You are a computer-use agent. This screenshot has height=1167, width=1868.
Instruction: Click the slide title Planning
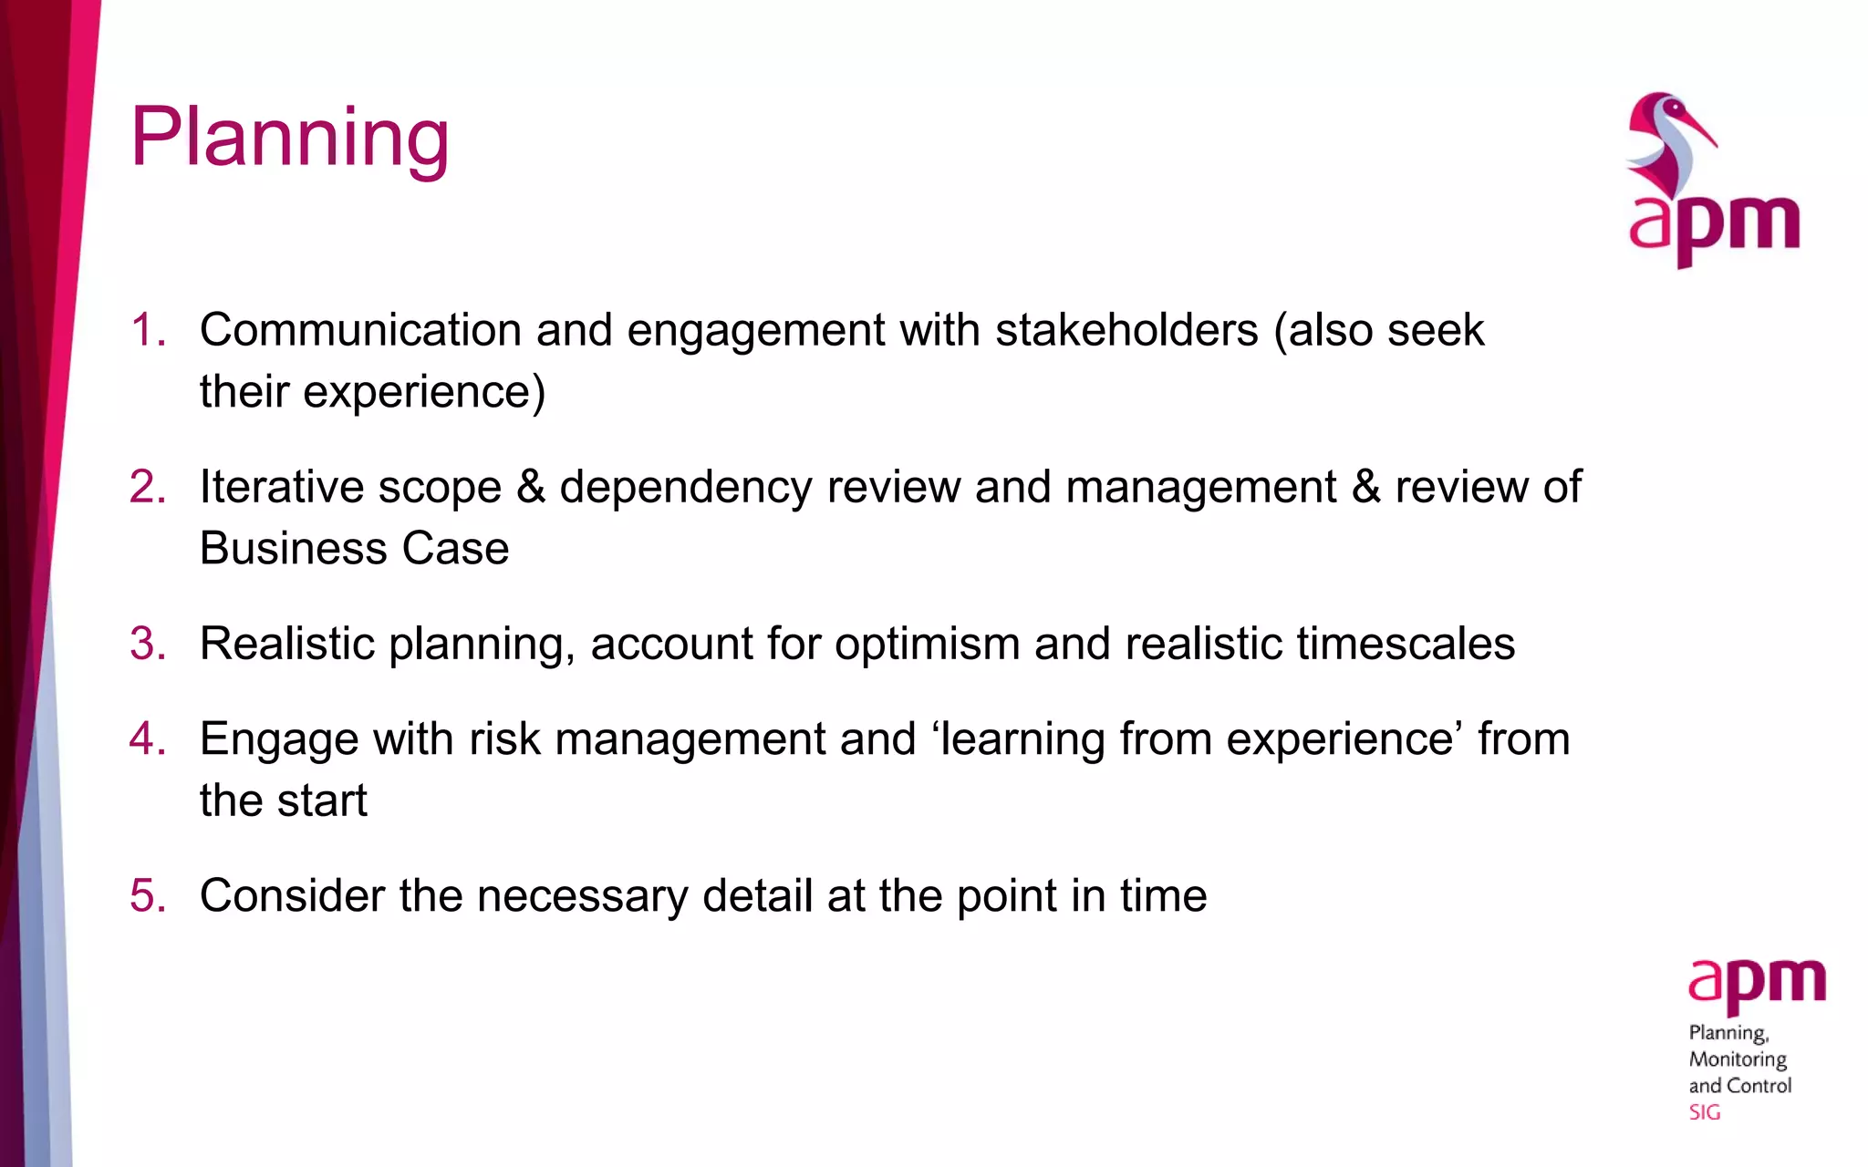[x=289, y=138]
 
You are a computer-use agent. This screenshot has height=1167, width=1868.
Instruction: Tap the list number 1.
[x=147, y=330]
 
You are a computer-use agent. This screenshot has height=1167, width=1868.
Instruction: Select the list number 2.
[x=147, y=487]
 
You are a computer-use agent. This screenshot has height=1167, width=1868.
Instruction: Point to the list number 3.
[x=147, y=644]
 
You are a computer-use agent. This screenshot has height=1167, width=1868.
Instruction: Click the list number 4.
[x=147, y=738]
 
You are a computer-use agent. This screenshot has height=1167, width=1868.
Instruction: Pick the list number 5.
[x=147, y=895]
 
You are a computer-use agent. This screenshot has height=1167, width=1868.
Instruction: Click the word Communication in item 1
[x=360, y=330]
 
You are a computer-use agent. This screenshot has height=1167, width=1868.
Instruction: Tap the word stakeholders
[x=1126, y=330]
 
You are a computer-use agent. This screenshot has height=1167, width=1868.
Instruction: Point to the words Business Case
[x=354, y=549]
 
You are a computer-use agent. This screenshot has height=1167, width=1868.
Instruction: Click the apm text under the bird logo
[x=1715, y=226]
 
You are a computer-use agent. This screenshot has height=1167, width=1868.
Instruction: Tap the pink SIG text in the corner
[x=1704, y=1112]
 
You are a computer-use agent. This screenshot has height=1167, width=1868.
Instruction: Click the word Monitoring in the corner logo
[x=1738, y=1059]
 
